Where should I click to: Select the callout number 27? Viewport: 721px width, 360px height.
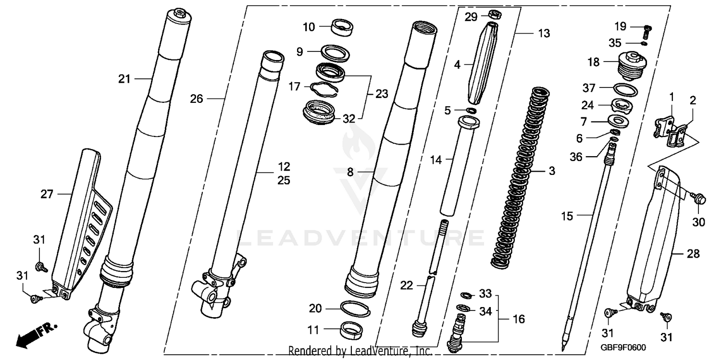(x=47, y=194)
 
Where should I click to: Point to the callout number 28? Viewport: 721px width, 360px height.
(x=693, y=254)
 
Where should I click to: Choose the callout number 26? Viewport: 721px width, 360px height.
(x=197, y=99)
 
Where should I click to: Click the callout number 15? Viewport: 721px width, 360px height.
(x=567, y=216)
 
